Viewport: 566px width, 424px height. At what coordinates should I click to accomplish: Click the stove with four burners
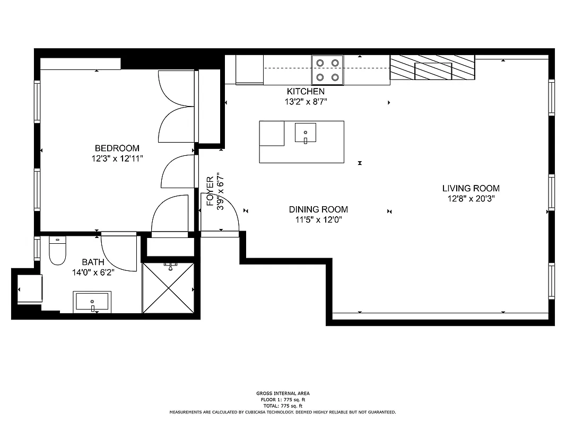click(x=327, y=70)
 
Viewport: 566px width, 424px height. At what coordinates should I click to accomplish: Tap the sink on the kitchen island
click(x=305, y=132)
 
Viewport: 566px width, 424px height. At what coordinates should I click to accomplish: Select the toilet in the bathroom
click(x=57, y=251)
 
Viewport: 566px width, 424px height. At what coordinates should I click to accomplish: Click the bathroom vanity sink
click(x=92, y=302)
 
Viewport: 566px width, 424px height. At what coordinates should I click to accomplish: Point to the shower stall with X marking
click(x=168, y=288)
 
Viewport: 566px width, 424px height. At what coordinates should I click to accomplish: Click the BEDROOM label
click(x=117, y=148)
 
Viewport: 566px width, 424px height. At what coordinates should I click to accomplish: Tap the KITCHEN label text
click(x=306, y=92)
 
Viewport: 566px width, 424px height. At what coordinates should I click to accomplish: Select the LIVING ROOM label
click(x=471, y=188)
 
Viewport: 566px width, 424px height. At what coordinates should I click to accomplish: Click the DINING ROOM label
click(x=318, y=209)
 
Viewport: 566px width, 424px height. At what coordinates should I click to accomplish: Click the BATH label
click(x=93, y=262)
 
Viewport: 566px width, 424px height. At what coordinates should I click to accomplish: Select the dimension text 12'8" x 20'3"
click(x=471, y=199)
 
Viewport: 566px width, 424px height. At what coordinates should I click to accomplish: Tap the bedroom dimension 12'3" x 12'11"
click(x=117, y=158)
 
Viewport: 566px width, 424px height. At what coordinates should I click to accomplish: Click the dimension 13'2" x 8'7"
click(x=306, y=102)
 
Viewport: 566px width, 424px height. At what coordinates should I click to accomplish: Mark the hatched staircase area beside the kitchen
click(x=432, y=68)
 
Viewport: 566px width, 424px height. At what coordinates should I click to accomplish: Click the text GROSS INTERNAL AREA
click(x=283, y=393)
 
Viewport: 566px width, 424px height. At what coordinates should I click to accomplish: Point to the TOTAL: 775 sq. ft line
click(x=283, y=405)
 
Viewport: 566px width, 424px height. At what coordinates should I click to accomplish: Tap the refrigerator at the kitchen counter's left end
click(x=249, y=69)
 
